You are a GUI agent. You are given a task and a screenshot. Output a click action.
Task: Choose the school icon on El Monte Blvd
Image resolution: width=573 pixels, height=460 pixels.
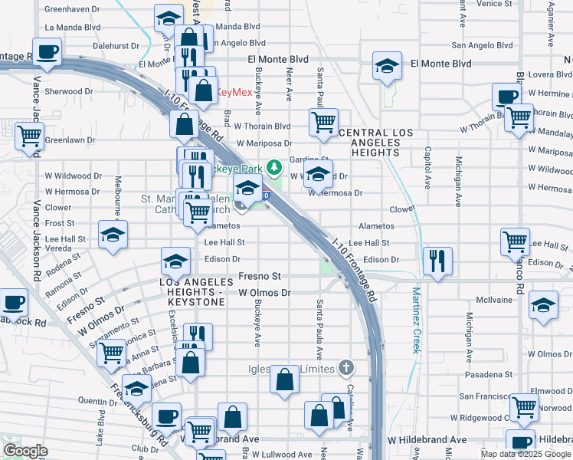[388, 67]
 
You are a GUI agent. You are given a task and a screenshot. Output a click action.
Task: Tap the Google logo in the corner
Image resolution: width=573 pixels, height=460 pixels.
[25, 451]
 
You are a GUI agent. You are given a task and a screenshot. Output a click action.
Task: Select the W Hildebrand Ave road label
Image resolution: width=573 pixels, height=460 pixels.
[427, 440]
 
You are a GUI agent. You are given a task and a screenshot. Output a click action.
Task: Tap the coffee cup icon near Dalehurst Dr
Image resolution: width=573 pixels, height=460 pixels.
[46, 52]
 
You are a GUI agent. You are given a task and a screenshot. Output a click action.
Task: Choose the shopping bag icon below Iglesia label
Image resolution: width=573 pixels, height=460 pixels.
[284, 379]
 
